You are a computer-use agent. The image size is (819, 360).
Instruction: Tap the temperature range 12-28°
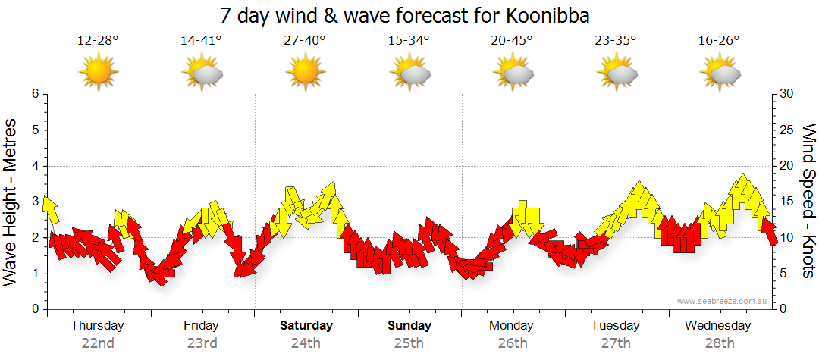coord(98,41)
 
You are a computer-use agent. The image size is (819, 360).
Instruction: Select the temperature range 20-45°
coord(511,41)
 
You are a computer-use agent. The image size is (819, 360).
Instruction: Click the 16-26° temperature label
coord(720,41)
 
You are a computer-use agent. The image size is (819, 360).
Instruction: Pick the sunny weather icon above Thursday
coord(99,72)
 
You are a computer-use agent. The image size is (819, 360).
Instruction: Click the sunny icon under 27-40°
coord(305,72)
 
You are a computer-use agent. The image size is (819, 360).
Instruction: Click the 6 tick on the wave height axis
coord(35,94)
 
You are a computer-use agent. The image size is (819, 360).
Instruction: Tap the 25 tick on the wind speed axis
coord(786,130)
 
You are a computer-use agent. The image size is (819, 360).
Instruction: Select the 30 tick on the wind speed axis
coord(786,94)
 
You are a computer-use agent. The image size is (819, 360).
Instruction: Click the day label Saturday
coord(306,326)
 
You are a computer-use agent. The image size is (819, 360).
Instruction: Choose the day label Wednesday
coord(717,326)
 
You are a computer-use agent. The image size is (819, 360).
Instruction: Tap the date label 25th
coord(409,343)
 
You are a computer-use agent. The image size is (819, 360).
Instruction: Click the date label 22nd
coord(98,343)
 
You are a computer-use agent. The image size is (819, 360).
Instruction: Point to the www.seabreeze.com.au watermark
coord(722,302)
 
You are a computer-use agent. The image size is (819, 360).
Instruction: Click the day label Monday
coord(511,326)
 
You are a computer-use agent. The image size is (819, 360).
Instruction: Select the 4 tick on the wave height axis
coord(35,166)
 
